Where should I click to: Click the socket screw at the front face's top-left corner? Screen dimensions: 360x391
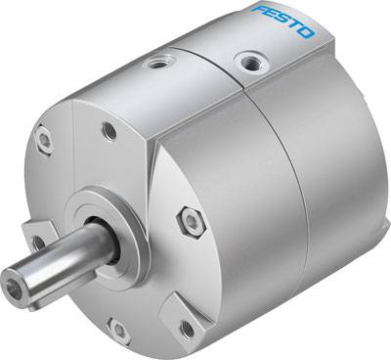click(45, 142)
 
